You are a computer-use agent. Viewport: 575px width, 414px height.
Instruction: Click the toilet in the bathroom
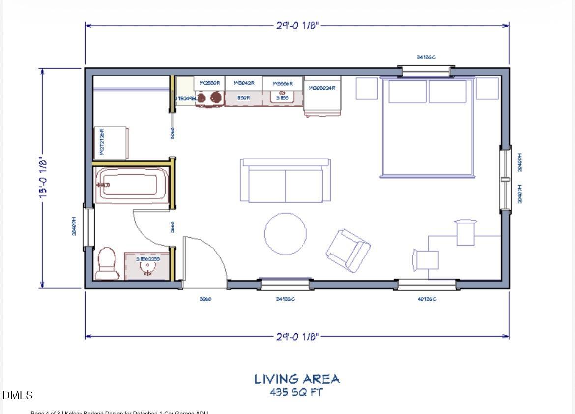tap(107, 264)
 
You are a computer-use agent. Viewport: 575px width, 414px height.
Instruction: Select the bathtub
tap(132, 185)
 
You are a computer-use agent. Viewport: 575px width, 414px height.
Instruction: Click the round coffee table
tap(285, 233)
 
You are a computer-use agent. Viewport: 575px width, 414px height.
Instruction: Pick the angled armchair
tap(348, 250)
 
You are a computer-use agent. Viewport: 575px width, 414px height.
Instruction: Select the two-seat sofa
tap(285, 181)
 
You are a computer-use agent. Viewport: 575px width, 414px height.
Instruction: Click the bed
tap(427, 127)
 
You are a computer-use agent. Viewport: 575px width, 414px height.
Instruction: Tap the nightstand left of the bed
tap(367, 89)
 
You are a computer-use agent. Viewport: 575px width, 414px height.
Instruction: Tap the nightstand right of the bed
tap(487, 89)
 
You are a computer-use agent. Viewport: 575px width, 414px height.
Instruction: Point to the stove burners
tap(209, 97)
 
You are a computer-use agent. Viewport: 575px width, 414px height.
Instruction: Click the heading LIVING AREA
tap(297, 379)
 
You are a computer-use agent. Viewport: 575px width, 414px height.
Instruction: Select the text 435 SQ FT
tap(296, 393)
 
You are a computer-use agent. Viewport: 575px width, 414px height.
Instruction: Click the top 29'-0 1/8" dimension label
tap(297, 25)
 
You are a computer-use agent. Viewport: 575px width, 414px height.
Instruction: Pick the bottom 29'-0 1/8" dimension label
tap(297, 337)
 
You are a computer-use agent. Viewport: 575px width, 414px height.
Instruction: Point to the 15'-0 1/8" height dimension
tap(43, 178)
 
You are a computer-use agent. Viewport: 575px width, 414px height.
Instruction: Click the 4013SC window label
tap(427, 299)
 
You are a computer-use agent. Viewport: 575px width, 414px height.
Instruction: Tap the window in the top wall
tap(426, 71)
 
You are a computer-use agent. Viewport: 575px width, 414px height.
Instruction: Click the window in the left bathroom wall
tap(88, 226)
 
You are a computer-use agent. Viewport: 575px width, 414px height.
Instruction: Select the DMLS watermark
tap(18, 395)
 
